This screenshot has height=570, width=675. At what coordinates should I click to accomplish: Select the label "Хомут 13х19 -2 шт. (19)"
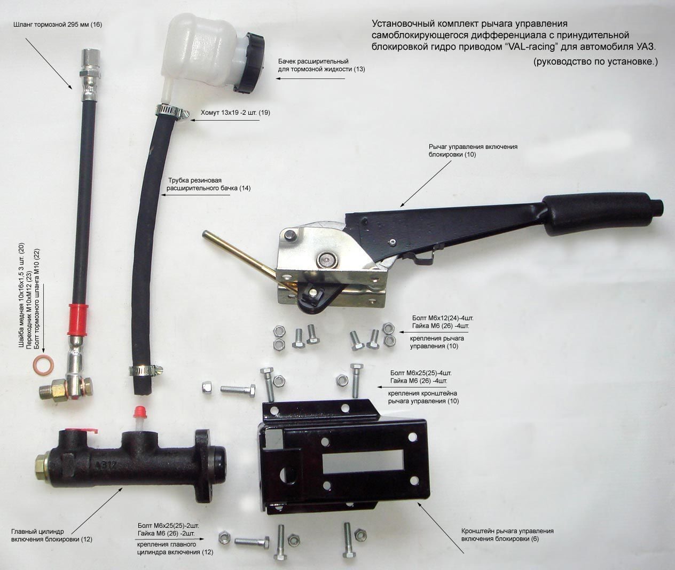(x=236, y=113)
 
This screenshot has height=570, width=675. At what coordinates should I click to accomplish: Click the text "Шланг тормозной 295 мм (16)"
(x=58, y=25)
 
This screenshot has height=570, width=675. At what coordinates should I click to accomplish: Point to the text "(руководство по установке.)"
(x=595, y=61)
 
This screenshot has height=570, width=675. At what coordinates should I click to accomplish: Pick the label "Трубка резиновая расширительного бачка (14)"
(x=208, y=184)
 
